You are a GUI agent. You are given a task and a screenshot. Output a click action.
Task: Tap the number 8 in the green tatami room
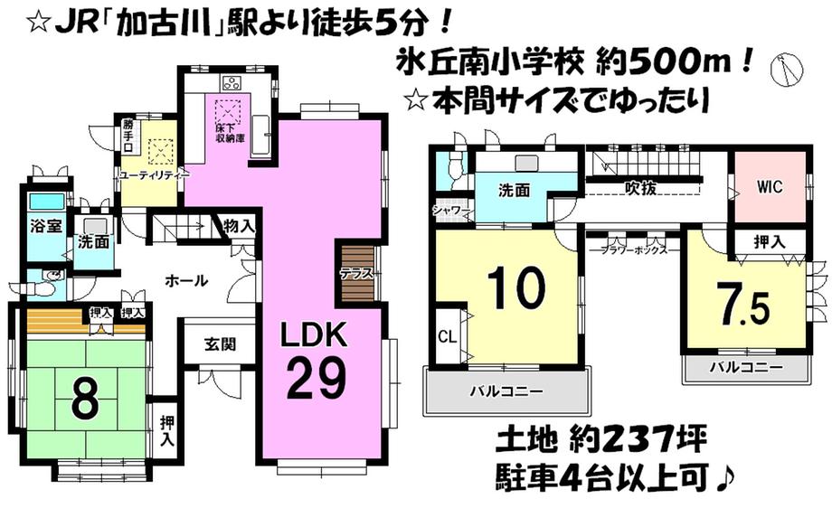click(84, 400)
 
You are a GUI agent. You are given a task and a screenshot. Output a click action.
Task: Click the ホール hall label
click(186, 280)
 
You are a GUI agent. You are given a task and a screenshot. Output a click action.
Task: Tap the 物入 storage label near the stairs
click(239, 225)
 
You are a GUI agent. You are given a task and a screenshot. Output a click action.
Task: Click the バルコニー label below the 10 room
click(506, 392)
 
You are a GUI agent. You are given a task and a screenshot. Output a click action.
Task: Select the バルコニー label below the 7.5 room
click(744, 368)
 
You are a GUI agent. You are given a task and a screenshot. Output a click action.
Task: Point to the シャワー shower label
click(449, 212)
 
